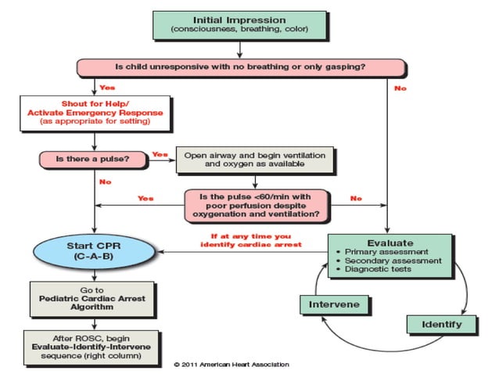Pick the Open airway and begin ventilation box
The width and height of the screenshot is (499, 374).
coord(254,160)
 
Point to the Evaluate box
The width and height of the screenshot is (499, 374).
coord(388,255)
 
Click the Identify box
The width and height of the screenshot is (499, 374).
coord(441,323)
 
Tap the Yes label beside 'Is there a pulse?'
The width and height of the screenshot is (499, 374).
coord(160,153)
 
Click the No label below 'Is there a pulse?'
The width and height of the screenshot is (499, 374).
coord(104,182)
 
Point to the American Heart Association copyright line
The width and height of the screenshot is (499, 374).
coord(231,364)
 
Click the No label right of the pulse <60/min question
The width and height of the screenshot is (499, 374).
coord(356,198)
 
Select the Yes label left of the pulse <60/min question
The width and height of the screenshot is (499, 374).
coord(145,198)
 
